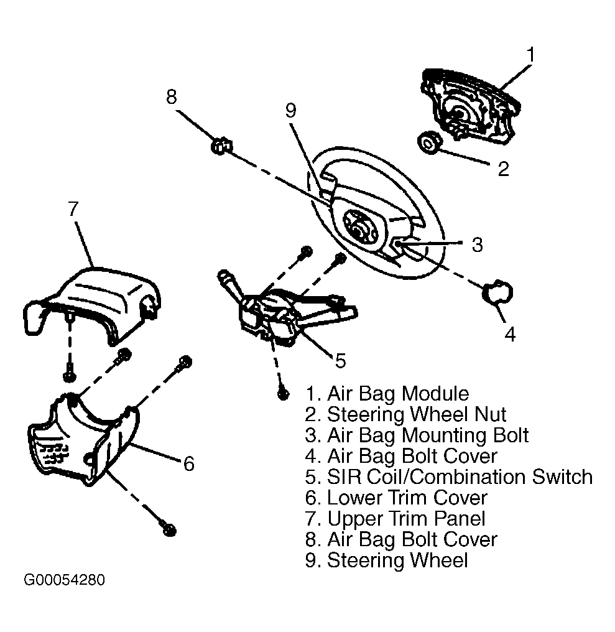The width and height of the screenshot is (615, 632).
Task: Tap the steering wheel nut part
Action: point(429,142)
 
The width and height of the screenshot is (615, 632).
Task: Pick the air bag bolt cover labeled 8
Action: point(221,145)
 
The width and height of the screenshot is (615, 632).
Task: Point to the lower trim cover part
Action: point(84,439)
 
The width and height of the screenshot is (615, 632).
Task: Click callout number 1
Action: point(530,54)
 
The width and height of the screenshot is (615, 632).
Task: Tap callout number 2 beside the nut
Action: point(503,169)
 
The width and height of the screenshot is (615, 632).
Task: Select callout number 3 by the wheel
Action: point(477,244)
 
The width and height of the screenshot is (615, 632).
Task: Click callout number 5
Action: point(341,361)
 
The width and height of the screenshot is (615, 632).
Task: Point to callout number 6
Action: point(188,463)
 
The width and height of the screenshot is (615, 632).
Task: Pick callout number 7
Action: point(73,208)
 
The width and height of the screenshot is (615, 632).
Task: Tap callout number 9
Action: point(290,110)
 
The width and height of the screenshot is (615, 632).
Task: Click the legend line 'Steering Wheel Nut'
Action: point(405,414)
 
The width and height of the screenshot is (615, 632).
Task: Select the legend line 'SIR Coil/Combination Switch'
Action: point(449,477)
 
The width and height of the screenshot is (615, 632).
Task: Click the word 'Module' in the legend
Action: point(436,393)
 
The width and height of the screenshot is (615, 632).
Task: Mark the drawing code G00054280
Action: point(65,580)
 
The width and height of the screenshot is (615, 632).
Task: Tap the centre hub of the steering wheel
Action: point(359,228)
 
